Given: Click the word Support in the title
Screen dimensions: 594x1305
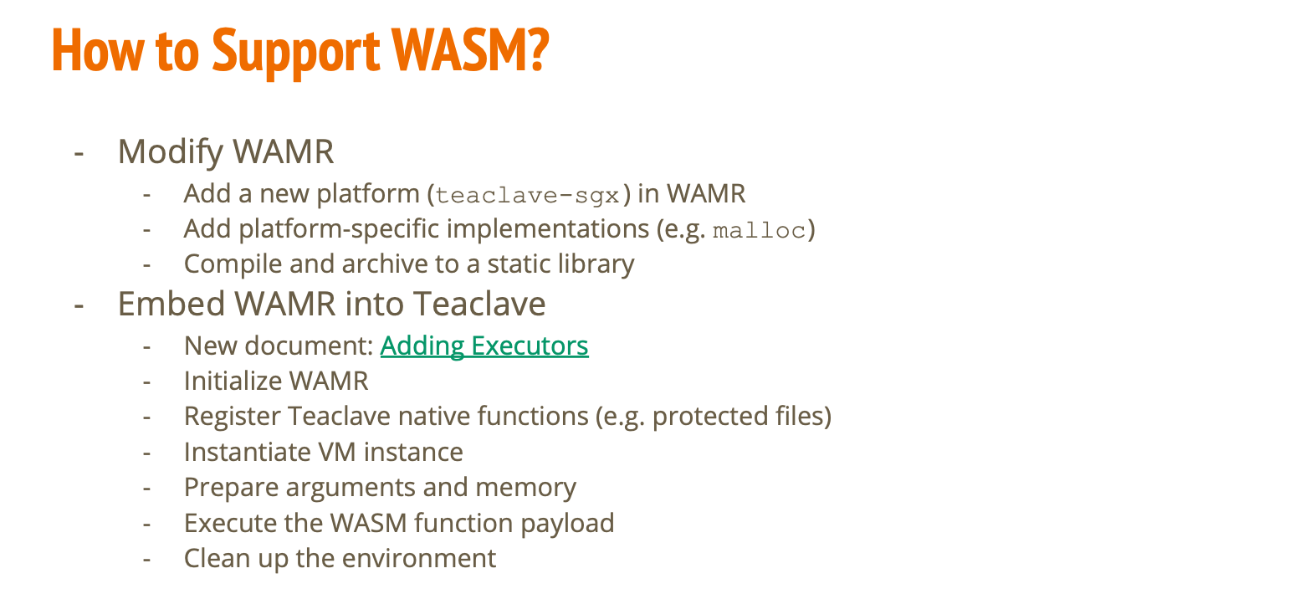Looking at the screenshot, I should [x=296, y=51].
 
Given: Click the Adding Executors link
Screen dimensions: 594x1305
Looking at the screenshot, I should [x=484, y=346].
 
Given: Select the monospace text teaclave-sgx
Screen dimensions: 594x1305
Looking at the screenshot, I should [x=529, y=196].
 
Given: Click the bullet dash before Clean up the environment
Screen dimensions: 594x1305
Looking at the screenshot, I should [x=147, y=559].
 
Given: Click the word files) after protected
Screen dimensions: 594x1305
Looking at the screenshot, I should [x=798, y=417].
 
